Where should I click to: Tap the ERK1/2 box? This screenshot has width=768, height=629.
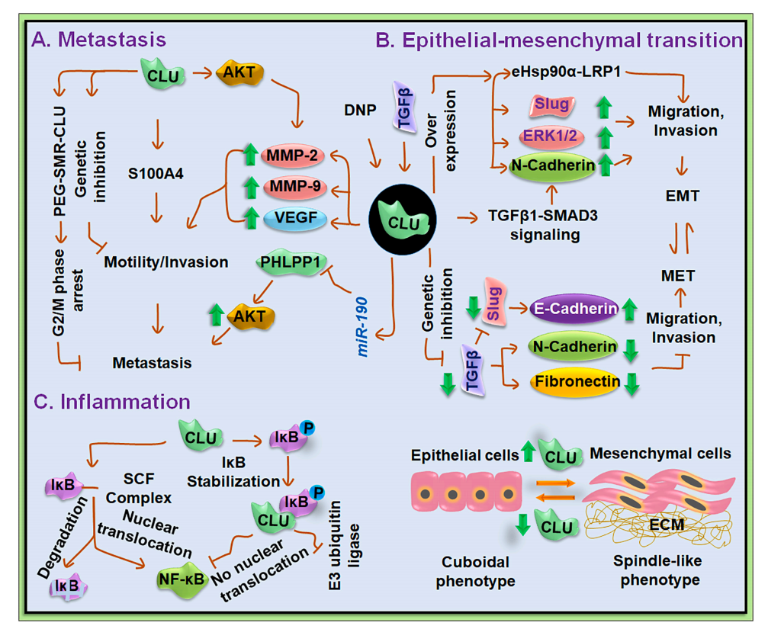coord(547,134)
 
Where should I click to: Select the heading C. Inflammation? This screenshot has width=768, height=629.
coord(110,399)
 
